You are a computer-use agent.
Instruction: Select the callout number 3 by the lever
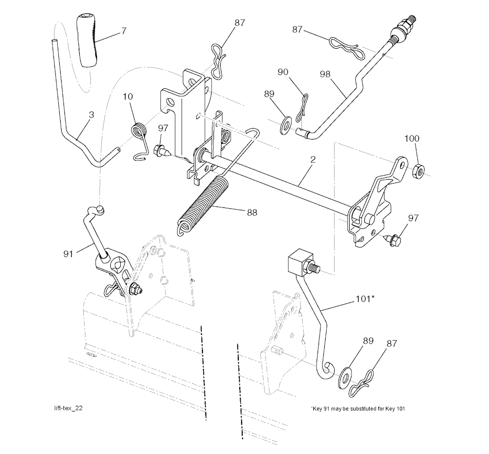91,115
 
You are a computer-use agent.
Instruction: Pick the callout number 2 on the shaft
313,160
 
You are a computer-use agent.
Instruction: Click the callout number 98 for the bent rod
325,74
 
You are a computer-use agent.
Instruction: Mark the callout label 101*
365,299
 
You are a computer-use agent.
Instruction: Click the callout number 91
68,254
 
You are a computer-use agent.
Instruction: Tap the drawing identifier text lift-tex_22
68,408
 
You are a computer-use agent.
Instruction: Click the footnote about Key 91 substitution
358,409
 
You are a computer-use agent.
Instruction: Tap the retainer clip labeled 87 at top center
217,62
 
